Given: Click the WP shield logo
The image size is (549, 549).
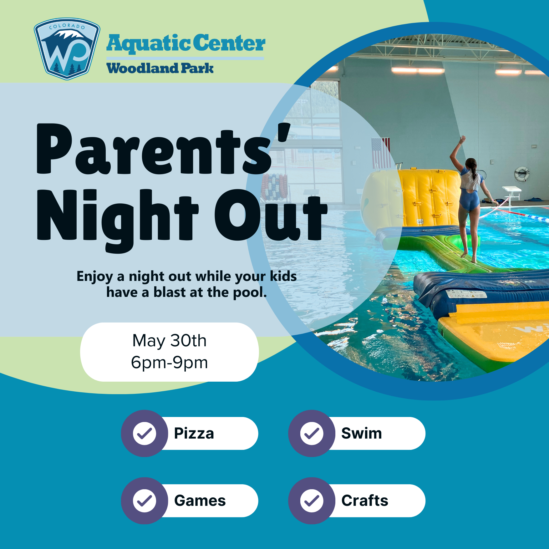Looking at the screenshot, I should (67, 48).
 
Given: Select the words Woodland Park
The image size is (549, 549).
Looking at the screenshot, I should (160, 68).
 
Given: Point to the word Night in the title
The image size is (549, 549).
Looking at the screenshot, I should (117, 217).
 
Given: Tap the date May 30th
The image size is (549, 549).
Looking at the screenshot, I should (169, 341).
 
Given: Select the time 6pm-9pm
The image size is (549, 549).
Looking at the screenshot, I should (169, 363).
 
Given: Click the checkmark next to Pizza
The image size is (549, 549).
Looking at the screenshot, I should (145, 433).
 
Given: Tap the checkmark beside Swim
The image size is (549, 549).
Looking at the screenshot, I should (312, 433).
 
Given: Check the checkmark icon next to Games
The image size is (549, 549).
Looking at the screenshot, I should (145, 501).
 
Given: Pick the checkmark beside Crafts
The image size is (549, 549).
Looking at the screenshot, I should (312, 501).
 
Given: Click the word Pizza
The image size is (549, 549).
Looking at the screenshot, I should (194, 433).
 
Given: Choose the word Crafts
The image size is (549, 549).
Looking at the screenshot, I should (364, 501).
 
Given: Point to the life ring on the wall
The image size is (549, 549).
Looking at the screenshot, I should (522, 174).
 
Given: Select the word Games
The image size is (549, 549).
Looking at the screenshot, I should (200, 501).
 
